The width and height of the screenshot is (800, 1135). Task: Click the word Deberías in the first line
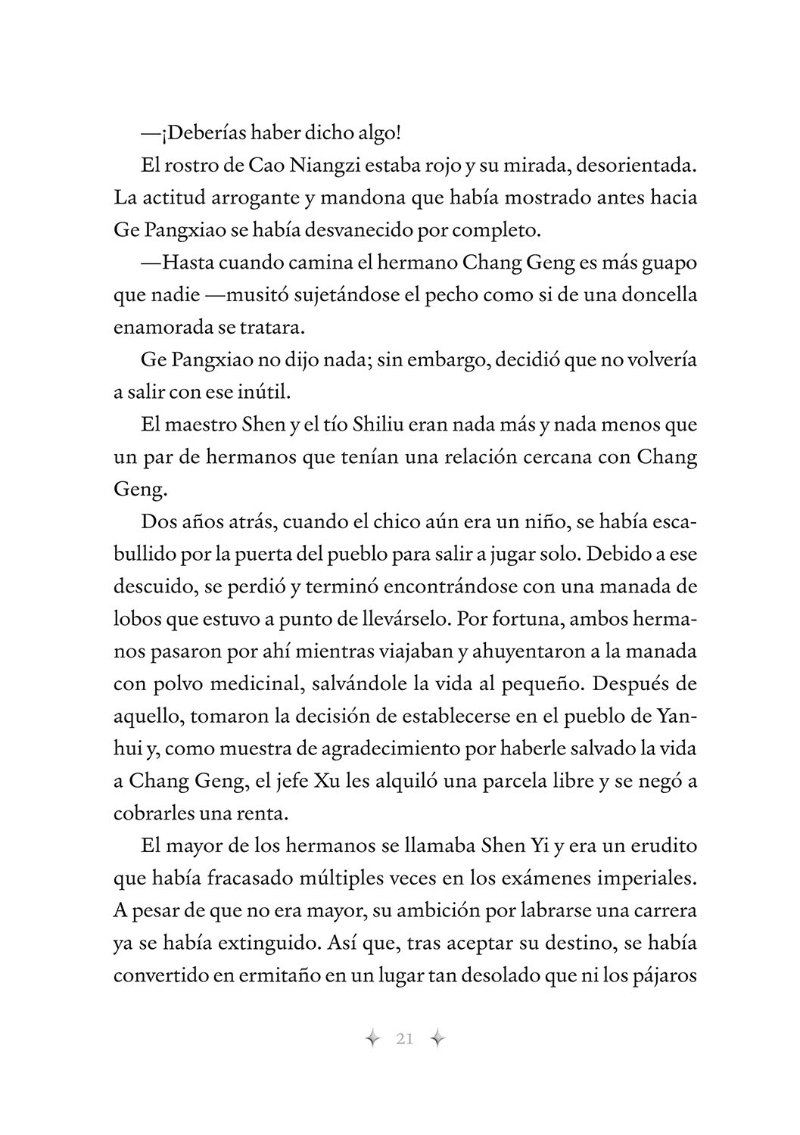(x=200, y=133)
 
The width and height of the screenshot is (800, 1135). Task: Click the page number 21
(x=404, y=1039)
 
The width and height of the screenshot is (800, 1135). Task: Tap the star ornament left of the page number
(x=372, y=1039)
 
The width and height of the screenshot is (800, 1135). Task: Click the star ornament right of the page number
(x=437, y=1039)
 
